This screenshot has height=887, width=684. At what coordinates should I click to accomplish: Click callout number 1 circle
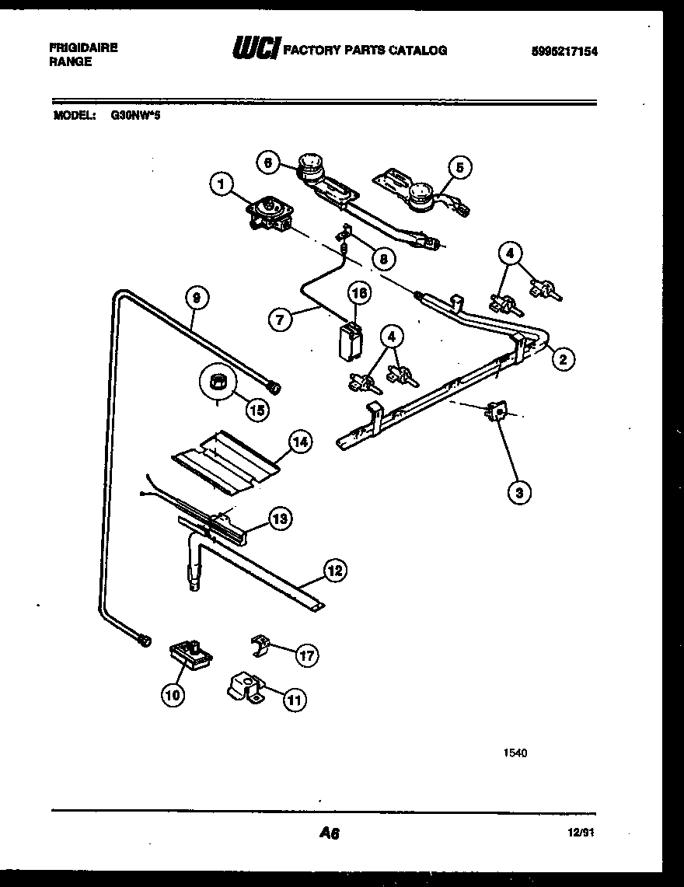coord(222,184)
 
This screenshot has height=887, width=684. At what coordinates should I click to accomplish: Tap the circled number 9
coord(197,296)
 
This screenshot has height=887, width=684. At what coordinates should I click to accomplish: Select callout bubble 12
coord(334,571)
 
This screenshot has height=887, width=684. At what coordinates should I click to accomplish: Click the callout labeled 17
coord(307,655)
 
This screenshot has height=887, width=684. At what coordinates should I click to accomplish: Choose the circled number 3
coord(519,491)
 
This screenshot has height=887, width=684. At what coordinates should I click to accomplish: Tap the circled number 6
coord(268,162)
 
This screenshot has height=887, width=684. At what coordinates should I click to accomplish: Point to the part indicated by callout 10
coord(190,654)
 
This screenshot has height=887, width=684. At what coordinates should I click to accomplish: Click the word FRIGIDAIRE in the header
coord(83,47)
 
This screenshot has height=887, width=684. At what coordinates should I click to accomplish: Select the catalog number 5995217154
coord(566,51)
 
